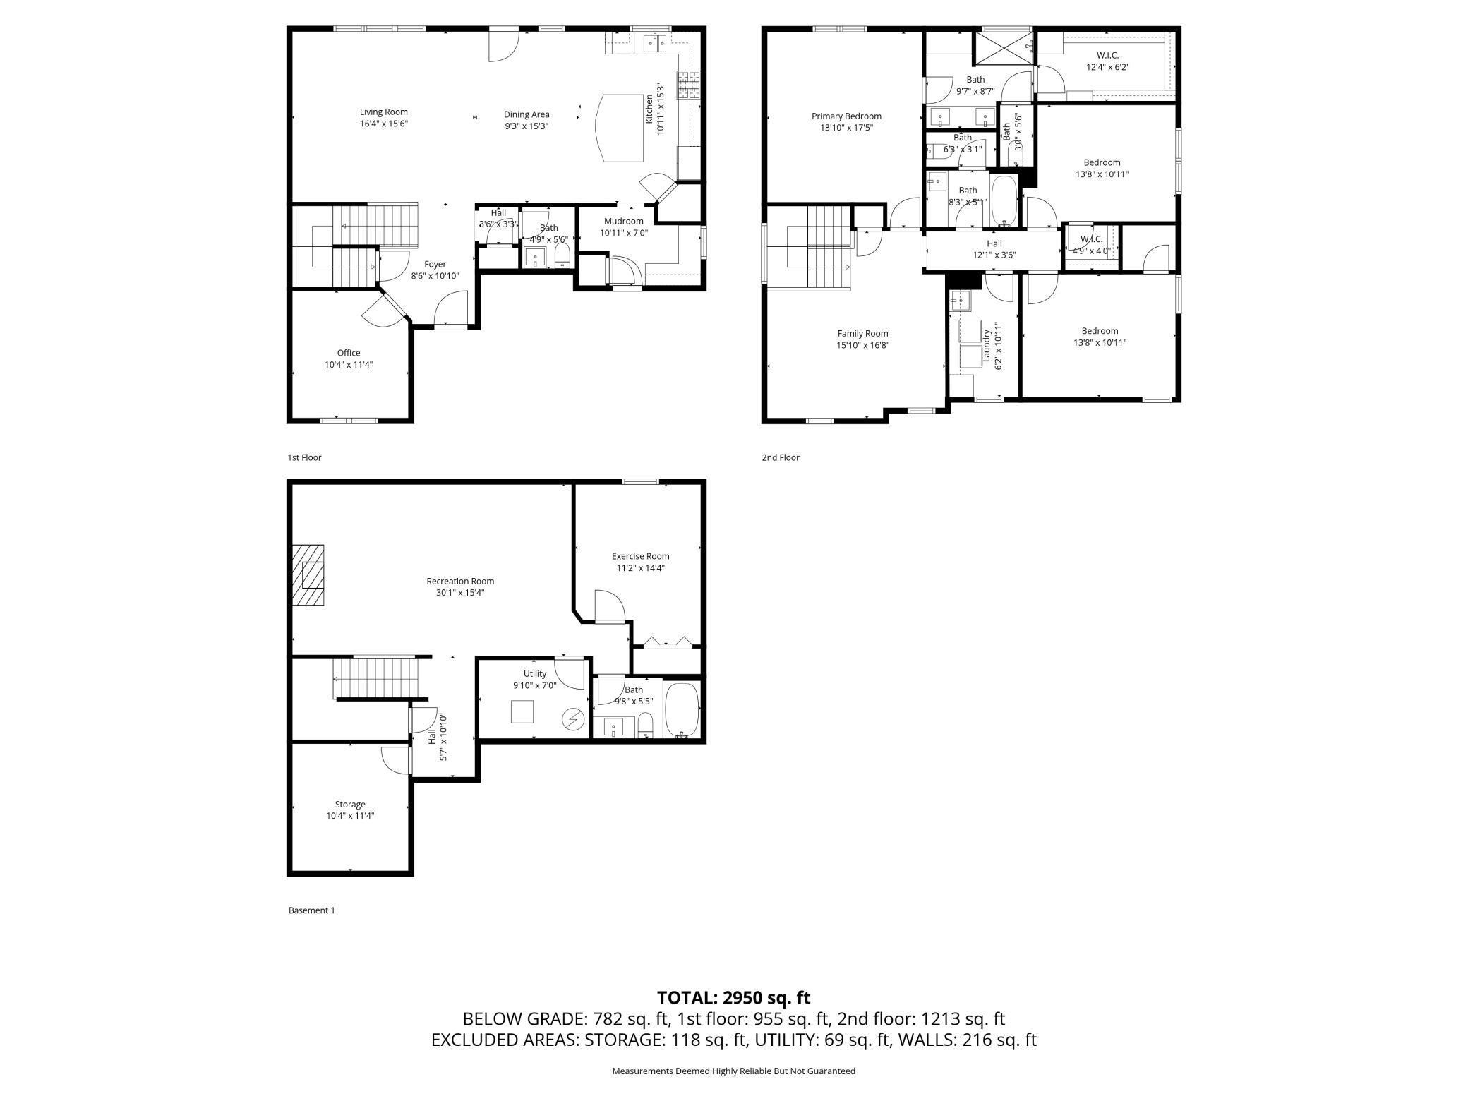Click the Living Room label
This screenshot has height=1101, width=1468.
click(383, 112)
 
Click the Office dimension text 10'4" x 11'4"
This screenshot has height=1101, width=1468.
click(348, 365)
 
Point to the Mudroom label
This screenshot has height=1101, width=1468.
click(623, 222)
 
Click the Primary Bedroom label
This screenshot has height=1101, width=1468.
click(846, 116)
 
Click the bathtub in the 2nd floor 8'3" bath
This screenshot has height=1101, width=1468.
click(1003, 200)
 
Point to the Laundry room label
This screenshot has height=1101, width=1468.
click(986, 347)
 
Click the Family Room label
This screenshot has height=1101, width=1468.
click(862, 334)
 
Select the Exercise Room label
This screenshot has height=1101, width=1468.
click(640, 556)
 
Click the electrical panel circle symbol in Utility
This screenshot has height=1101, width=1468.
click(573, 719)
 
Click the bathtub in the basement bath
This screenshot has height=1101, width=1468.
click(682, 709)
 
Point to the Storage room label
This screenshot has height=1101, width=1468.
click(349, 804)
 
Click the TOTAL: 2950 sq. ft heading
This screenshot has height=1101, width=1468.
click(733, 997)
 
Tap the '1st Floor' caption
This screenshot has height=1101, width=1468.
click(304, 457)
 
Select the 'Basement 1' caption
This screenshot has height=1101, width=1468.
click(311, 910)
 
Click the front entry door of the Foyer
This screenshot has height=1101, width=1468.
click(450, 311)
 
